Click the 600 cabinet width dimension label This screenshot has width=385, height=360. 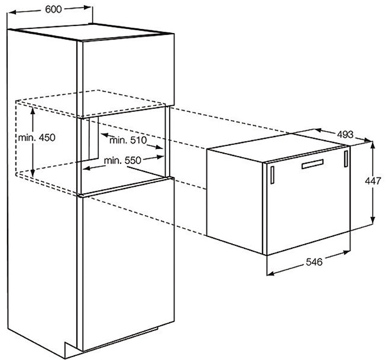[x=53, y=9]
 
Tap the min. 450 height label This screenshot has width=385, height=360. [x=37, y=138]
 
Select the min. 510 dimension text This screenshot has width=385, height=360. [x=128, y=140]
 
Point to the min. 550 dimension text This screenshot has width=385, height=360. [x=123, y=160]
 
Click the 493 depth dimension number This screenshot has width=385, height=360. [x=345, y=134]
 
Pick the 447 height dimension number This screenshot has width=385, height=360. [x=373, y=181]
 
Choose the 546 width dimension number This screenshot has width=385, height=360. [x=314, y=262]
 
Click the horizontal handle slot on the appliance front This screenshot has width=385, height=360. [x=313, y=164]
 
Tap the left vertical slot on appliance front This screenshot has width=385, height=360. [x=272, y=175]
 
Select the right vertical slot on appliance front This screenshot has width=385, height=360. [x=346, y=159]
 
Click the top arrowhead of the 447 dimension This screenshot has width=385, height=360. [x=373, y=145]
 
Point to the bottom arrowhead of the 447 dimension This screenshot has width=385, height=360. [x=373, y=220]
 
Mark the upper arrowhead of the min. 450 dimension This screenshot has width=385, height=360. [x=33, y=110]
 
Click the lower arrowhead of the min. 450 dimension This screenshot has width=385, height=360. [x=33, y=173]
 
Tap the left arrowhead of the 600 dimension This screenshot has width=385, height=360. [x=11, y=12]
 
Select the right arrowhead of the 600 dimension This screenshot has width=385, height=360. [x=88, y=7]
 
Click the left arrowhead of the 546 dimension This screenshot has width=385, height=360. [x=270, y=273]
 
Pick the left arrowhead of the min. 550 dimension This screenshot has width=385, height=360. [x=86, y=168]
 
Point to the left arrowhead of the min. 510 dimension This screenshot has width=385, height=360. [x=104, y=134]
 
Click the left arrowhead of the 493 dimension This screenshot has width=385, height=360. [x=318, y=130]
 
